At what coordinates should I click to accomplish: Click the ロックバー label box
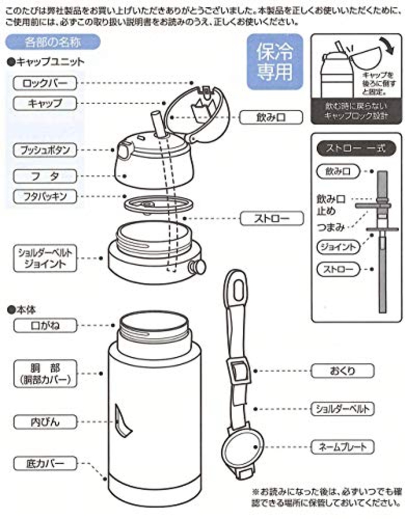[45, 83]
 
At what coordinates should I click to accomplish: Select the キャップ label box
[45, 103]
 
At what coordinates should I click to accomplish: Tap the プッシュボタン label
[45, 150]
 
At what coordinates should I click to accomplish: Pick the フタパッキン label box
[45, 196]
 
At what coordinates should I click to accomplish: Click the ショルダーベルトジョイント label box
[45, 258]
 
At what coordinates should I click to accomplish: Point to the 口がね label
[45, 325]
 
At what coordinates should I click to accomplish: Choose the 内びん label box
[45, 422]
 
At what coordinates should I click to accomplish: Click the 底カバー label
[45, 463]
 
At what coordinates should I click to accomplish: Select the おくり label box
[342, 371]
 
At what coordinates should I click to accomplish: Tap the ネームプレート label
[342, 447]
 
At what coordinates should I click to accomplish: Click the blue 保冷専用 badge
[275, 62]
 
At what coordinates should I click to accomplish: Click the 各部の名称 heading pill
[53, 42]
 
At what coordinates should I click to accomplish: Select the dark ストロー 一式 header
[356, 148]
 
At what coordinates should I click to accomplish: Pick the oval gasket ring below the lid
[158, 204]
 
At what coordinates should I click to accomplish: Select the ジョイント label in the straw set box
[338, 247]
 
